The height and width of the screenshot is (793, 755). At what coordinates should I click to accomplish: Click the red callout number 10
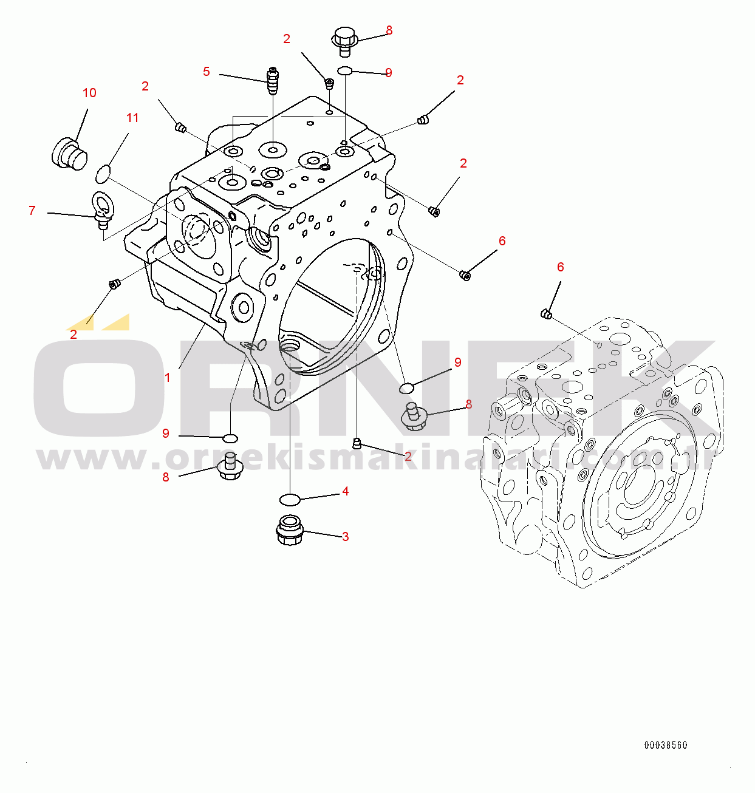[x=89, y=93]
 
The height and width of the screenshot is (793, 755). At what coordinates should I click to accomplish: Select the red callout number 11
[x=132, y=118]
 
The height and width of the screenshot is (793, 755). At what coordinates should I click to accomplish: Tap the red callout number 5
[x=206, y=72]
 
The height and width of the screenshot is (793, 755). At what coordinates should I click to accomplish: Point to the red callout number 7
[x=32, y=210]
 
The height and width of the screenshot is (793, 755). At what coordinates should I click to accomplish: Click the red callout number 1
[x=168, y=378]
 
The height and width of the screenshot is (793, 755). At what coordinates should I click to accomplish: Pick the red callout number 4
[x=346, y=491]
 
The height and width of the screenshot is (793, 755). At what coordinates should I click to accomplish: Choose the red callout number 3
[x=346, y=537]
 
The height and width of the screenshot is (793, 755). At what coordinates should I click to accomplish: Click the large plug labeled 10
[x=69, y=154]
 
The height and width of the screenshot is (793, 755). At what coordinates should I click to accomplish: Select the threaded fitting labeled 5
[x=273, y=81]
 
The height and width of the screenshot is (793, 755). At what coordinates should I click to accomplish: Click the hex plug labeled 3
[x=289, y=530]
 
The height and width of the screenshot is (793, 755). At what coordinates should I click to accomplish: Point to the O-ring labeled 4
[x=290, y=499]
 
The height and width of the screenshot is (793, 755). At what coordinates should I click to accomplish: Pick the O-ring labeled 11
[x=103, y=174]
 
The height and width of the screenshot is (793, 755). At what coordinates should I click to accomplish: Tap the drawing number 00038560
[x=666, y=746]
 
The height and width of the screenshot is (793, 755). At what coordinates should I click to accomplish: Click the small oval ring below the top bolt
[x=345, y=71]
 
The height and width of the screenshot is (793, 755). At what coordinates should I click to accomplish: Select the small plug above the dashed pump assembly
[x=545, y=313]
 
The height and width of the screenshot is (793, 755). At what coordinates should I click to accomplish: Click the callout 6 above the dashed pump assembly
[x=560, y=267]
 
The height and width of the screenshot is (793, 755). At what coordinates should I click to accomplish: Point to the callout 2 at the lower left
[x=73, y=335]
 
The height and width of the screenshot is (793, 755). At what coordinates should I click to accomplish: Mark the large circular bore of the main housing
[x=332, y=307]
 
